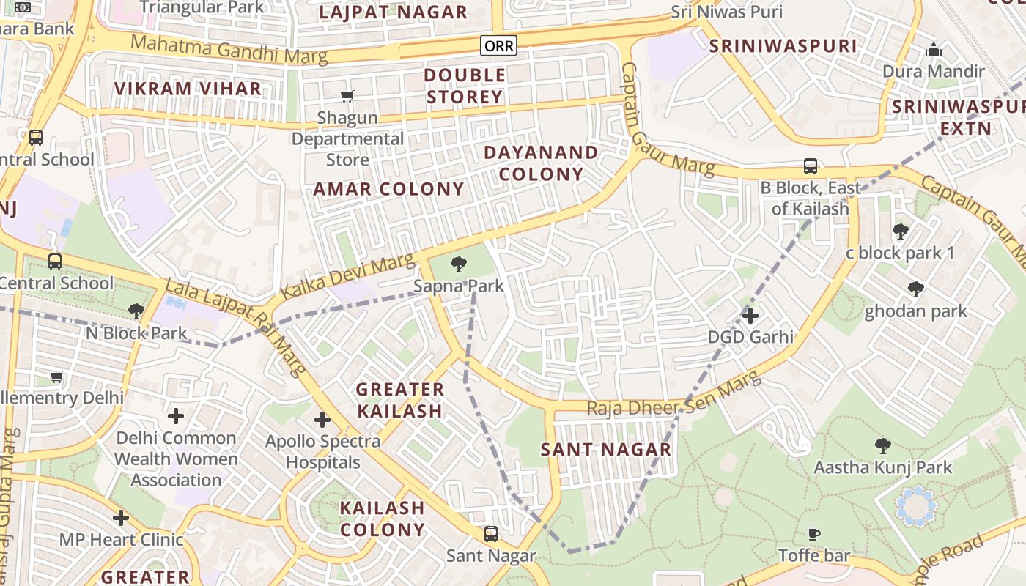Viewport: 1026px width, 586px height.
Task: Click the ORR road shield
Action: click(x=498, y=46)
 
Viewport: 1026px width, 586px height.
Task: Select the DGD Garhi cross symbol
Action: click(x=750, y=316)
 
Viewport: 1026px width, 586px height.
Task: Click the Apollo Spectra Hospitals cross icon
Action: click(x=322, y=420)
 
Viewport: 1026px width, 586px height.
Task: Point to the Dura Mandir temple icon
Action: click(x=934, y=51)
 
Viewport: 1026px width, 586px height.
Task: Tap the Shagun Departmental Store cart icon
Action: click(x=347, y=96)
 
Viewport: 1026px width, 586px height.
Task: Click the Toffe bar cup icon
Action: click(x=813, y=534)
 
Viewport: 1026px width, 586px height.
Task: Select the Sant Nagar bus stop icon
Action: click(x=491, y=534)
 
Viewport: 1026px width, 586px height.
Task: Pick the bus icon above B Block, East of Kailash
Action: click(x=810, y=166)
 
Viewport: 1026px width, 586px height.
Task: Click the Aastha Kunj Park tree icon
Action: click(x=883, y=445)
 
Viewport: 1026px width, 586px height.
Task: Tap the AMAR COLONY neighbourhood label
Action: click(x=389, y=189)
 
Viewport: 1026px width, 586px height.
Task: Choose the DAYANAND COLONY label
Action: click(x=542, y=163)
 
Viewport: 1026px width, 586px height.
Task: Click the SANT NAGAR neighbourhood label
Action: click(x=606, y=450)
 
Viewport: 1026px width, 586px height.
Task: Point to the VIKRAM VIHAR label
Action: click(x=188, y=89)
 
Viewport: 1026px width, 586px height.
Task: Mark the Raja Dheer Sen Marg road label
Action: click(x=673, y=398)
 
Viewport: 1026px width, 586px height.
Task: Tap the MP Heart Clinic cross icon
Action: click(x=121, y=518)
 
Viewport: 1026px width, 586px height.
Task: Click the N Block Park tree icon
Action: click(x=136, y=311)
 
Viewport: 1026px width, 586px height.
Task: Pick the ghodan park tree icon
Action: click(x=915, y=289)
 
